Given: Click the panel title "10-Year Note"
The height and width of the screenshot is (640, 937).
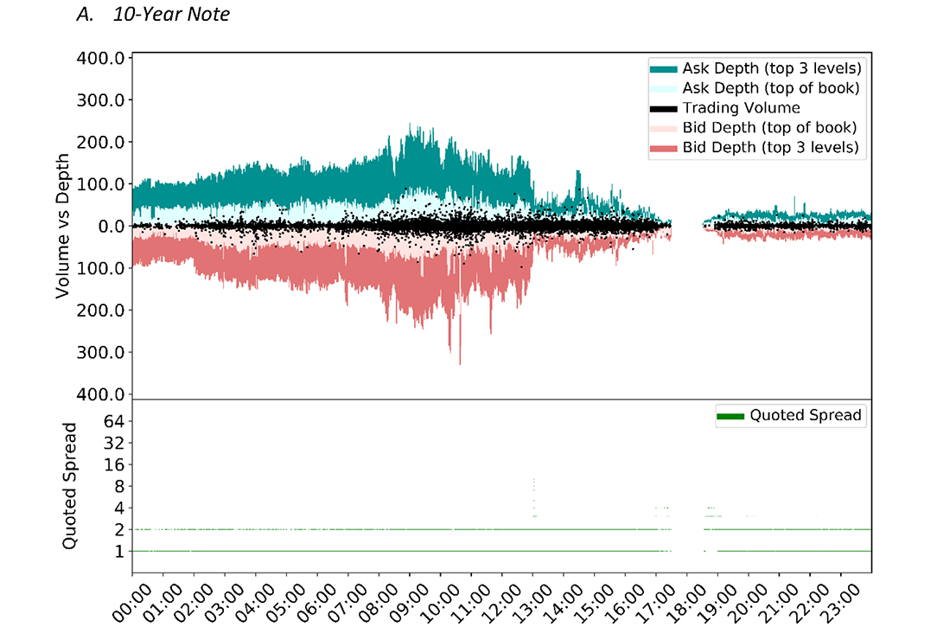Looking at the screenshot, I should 171,14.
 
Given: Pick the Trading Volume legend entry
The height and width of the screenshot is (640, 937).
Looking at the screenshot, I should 741,108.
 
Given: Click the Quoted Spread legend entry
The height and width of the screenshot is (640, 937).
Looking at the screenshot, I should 806,415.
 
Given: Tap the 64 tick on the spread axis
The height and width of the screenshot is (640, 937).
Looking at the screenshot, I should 116,421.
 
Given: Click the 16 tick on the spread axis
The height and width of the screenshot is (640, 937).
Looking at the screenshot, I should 116,464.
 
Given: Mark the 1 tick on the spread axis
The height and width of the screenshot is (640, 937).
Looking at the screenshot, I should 121,552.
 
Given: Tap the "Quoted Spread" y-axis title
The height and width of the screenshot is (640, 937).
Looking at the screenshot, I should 70,485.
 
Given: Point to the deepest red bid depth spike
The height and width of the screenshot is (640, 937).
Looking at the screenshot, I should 460,362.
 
